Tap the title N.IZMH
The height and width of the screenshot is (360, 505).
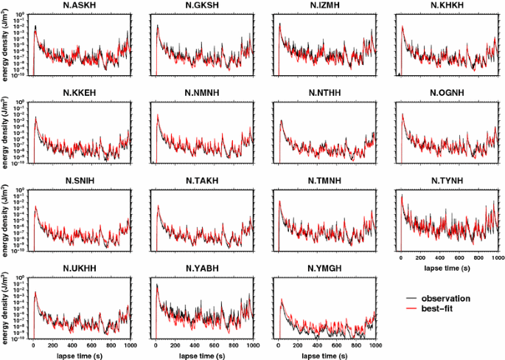(325, 7)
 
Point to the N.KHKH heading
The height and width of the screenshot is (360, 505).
(447, 7)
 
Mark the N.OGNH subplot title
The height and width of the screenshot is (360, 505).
(447, 93)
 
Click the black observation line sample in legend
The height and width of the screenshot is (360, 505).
(411, 298)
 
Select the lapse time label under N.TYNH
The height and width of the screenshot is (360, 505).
(448, 269)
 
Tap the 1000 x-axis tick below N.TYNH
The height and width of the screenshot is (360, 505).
(496, 259)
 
